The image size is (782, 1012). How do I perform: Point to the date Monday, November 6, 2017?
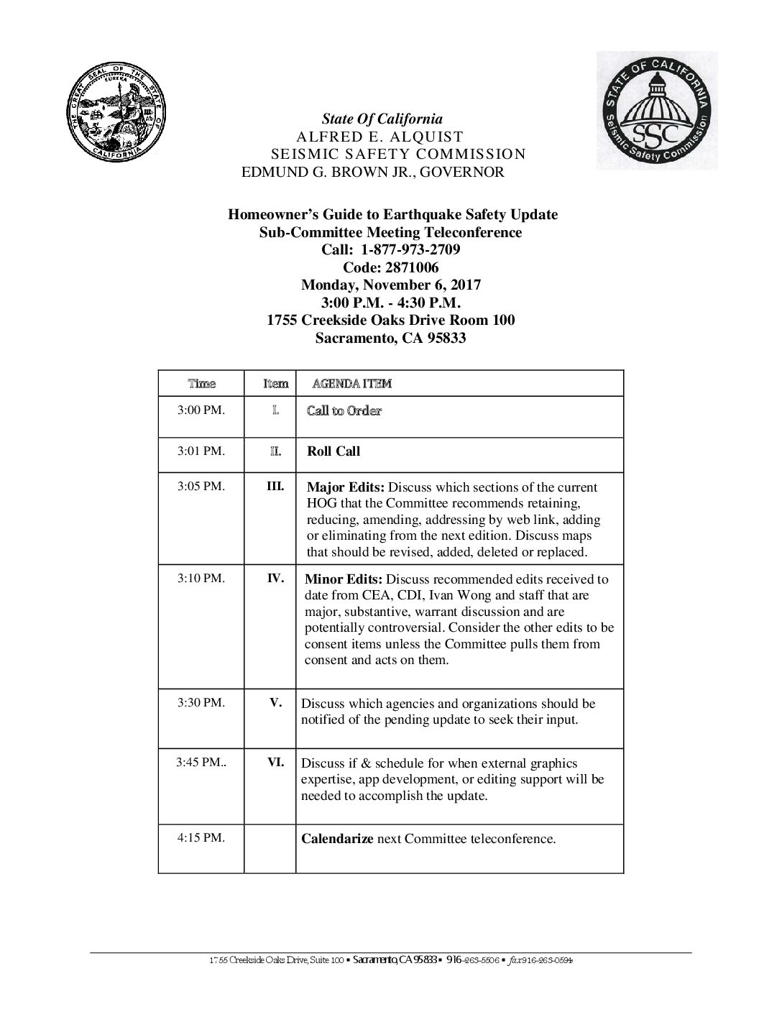(x=391, y=285)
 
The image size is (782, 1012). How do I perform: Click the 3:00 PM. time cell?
(x=201, y=410)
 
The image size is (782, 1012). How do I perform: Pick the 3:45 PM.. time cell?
(x=201, y=763)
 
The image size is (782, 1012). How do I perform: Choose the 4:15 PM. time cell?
(x=201, y=838)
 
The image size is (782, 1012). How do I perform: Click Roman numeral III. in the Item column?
(x=275, y=486)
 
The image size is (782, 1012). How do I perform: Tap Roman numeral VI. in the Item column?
(x=276, y=763)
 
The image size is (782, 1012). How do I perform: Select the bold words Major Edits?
(x=345, y=487)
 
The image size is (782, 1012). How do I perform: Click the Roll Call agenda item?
(x=333, y=451)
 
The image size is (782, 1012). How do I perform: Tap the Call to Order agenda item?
(x=344, y=410)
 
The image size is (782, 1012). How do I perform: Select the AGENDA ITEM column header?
(x=352, y=384)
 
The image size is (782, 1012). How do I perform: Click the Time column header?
(x=201, y=384)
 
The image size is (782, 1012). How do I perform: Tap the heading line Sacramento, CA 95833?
(x=391, y=337)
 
